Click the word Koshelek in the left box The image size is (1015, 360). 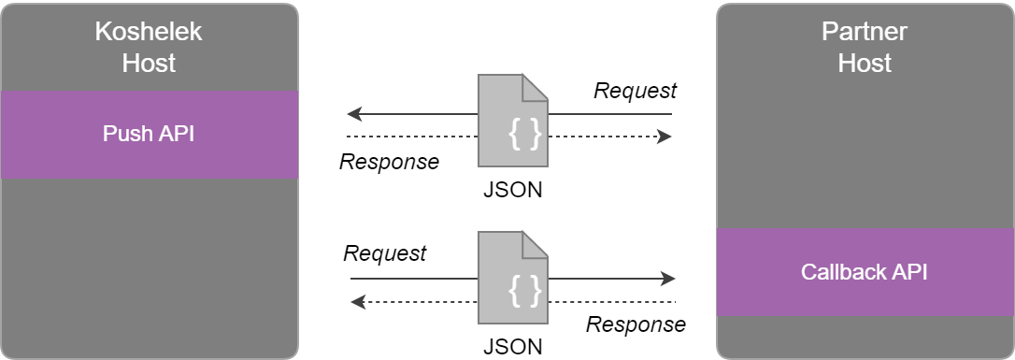pos(149,32)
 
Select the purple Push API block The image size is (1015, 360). pos(149,135)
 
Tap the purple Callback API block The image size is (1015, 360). pos(865,272)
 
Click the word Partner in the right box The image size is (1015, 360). pos(865,32)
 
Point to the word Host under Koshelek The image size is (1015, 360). pos(149,64)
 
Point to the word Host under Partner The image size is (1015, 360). pos(865,64)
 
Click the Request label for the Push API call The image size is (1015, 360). pos(636,91)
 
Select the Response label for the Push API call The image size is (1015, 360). pos(389,162)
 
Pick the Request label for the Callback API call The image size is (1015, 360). pos(385,253)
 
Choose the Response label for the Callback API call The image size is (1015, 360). pos(636,324)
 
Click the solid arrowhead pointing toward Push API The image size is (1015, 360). pos(353,115)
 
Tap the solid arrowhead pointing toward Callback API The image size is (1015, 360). pos(668,279)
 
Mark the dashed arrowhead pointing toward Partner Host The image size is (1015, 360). pos(665,137)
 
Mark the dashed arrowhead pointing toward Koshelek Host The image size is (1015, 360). pos(357,301)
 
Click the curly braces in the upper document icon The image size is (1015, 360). pos(524,135)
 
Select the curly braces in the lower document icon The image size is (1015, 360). pos(524,292)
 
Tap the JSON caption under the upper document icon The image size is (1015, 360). pos(512,190)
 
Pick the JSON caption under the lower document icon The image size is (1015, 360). pos(512,346)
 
